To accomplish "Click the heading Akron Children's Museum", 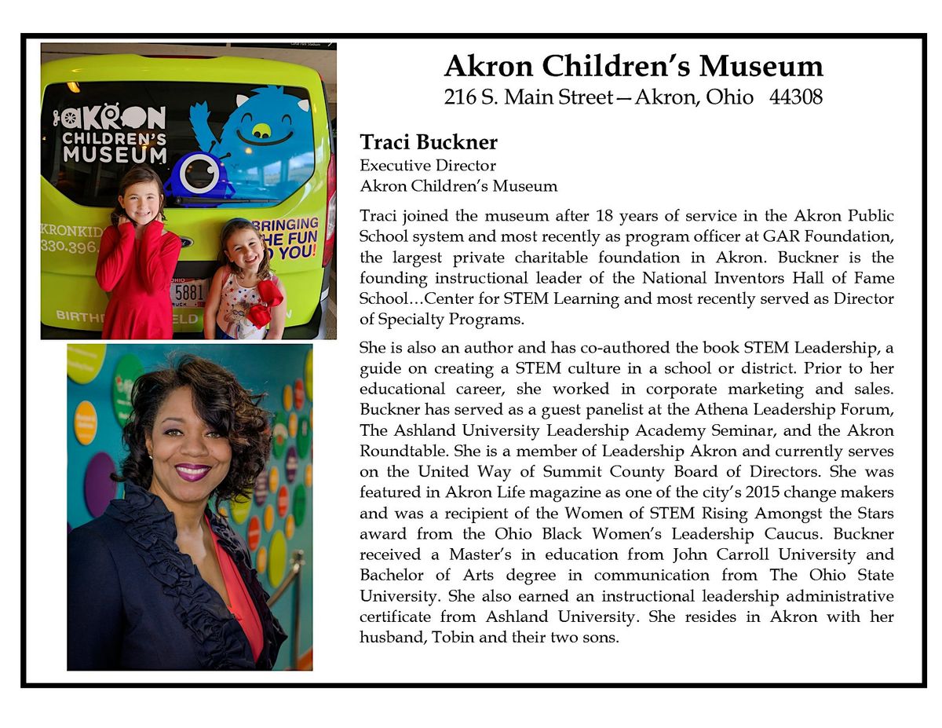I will pos(633,66).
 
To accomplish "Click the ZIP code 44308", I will pos(791,97).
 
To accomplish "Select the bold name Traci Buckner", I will pos(429,143).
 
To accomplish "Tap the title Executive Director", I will pos(428,166).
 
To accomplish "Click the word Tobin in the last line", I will pos(453,638).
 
